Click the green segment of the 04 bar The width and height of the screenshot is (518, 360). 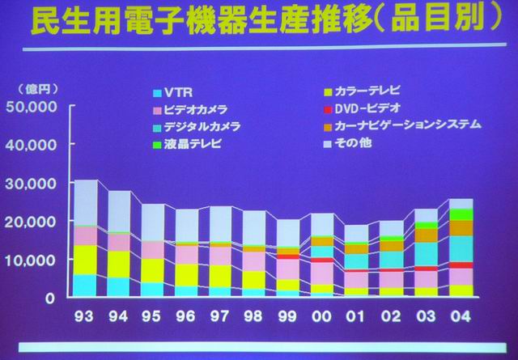(461, 214)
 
